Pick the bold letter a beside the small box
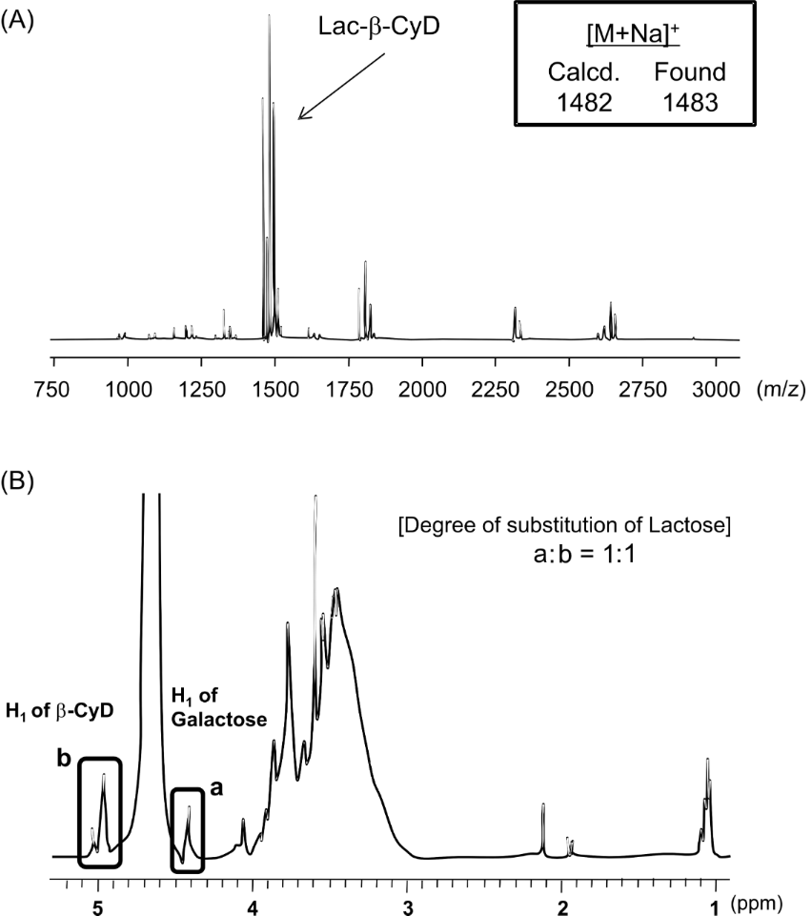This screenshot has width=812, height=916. click(216, 788)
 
